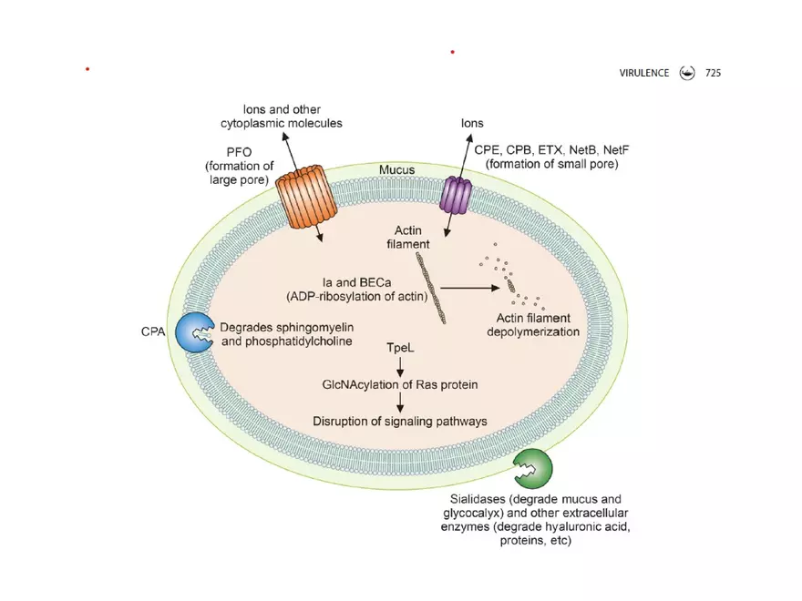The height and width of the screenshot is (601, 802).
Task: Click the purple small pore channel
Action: pos(455,195)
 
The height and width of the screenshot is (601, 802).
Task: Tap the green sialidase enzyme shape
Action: pos(532,468)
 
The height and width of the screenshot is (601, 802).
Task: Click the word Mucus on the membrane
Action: pos(396,170)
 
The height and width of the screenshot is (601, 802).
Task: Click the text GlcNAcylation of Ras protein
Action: pos(400,384)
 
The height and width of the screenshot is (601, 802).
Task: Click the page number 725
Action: pos(712,73)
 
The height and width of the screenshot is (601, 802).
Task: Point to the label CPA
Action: pos(152,332)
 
